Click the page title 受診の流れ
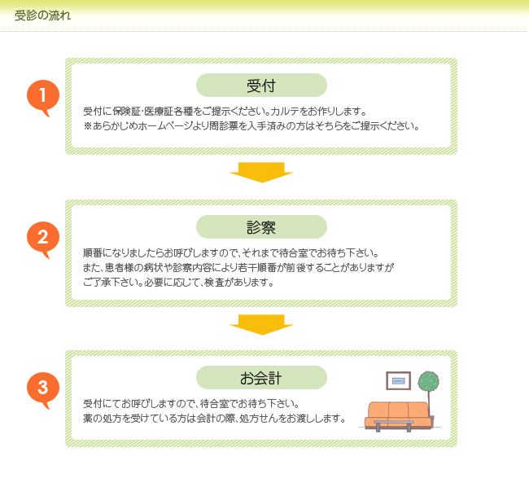click(42, 15)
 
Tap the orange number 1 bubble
click(43, 97)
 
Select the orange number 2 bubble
click(43, 239)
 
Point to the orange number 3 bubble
click(43, 388)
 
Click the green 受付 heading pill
click(261, 85)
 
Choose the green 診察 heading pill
click(261, 226)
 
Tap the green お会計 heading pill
click(261, 377)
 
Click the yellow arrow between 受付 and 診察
click(261, 172)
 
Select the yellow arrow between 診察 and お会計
click(261, 324)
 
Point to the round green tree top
click(428, 382)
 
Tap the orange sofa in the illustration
click(398, 414)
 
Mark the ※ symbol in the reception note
click(88, 126)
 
